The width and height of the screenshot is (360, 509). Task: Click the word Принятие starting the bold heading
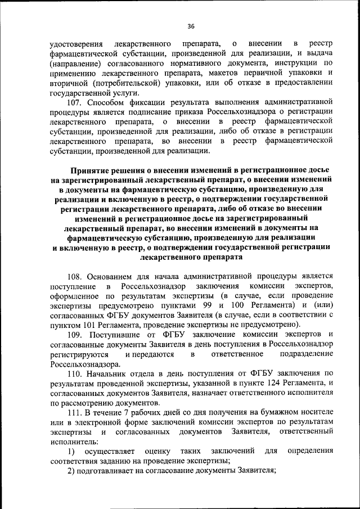(91, 169)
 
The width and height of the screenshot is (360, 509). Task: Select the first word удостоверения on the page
(76, 43)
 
